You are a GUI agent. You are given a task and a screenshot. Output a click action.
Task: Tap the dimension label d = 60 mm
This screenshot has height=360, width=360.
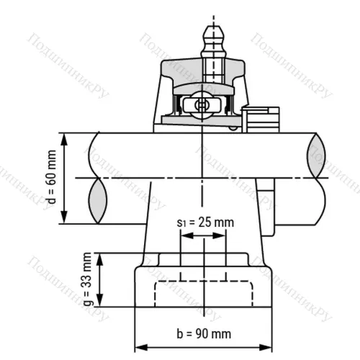pos(50,179)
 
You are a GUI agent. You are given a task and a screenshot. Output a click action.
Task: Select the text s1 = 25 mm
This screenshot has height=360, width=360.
pos(204,222)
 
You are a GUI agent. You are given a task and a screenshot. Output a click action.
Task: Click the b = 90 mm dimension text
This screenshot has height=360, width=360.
pos(204,333)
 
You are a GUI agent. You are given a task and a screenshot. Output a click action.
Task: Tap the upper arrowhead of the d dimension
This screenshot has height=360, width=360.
pos(65,138)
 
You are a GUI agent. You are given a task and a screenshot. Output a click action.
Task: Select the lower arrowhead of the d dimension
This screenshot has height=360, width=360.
pos(65,219)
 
